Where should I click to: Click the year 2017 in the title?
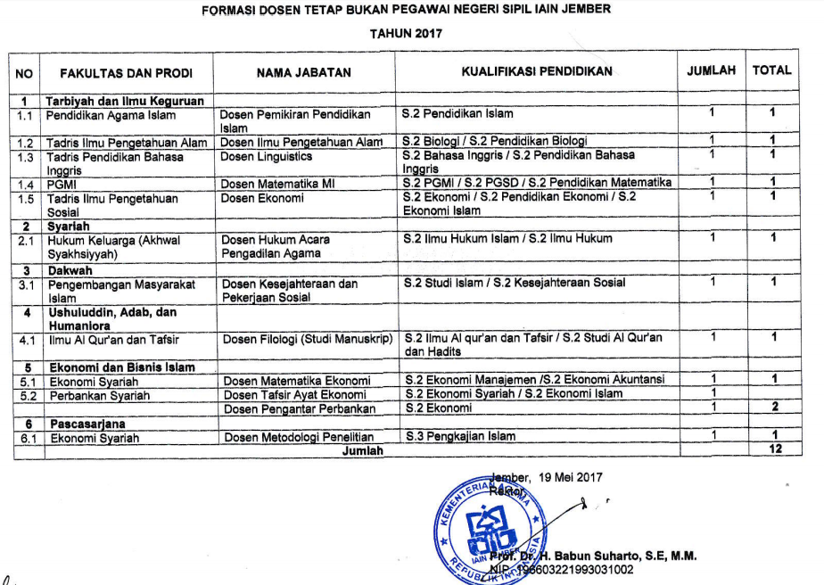pyautogui.click(x=427, y=34)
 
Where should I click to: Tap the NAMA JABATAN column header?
pyautogui.click(x=303, y=72)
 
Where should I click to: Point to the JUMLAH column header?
pyautogui.click(x=711, y=70)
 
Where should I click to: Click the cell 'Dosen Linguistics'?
pyautogui.click(x=267, y=157)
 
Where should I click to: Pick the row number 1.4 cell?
pyautogui.click(x=26, y=184)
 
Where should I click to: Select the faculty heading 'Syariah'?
pyautogui.click(x=69, y=227)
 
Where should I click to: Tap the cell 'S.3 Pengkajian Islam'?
pyautogui.click(x=460, y=437)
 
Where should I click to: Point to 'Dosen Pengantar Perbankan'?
pyautogui.click(x=300, y=408)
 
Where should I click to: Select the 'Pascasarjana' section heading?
pyautogui.click(x=87, y=424)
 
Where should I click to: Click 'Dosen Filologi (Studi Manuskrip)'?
pyautogui.click(x=308, y=338)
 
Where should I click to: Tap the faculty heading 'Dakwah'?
pyautogui.click(x=70, y=269)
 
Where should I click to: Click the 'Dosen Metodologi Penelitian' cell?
pyautogui.click(x=299, y=437)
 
